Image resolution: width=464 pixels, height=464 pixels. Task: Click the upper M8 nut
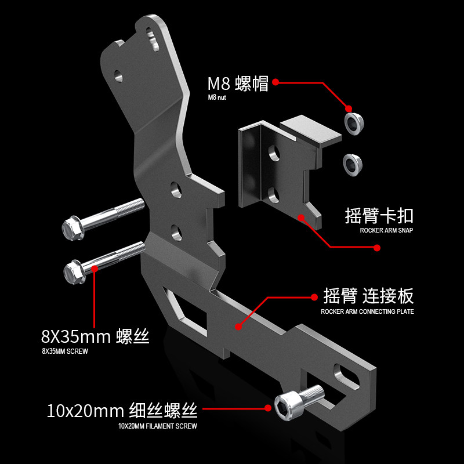click(x=354, y=123)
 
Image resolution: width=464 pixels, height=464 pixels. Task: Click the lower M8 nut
click(x=353, y=165)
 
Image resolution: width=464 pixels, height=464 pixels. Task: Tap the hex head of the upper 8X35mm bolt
click(x=73, y=228)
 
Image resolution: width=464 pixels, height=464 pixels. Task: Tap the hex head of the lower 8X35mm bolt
click(x=75, y=271)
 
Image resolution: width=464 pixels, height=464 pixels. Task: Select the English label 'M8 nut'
click(x=216, y=97)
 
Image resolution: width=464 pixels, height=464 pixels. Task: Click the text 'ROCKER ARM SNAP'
click(x=386, y=230)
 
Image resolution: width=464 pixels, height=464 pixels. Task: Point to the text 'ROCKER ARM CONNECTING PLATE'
click(x=367, y=311)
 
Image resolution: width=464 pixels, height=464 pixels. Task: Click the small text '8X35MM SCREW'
click(x=65, y=351)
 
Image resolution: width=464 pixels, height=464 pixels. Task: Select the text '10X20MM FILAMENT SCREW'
click(x=157, y=426)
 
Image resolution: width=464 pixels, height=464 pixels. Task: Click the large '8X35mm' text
click(x=76, y=336)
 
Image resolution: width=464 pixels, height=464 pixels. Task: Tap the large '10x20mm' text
click(x=85, y=411)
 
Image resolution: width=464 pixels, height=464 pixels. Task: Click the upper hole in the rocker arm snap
click(x=274, y=153)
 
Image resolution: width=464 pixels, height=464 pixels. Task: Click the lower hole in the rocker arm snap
click(x=274, y=195)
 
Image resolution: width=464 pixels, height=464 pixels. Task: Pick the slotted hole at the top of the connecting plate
click(x=153, y=39)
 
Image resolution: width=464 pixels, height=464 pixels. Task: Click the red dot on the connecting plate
click(x=238, y=327)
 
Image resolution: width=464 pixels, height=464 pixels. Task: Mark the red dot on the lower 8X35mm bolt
click(x=95, y=269)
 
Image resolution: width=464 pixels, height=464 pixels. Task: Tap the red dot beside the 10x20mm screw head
click(x=268, y=408)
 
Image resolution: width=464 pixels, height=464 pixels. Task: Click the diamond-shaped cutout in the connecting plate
click(x=186, y=313)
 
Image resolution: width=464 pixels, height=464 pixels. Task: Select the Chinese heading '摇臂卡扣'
click(x=379, y=216)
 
